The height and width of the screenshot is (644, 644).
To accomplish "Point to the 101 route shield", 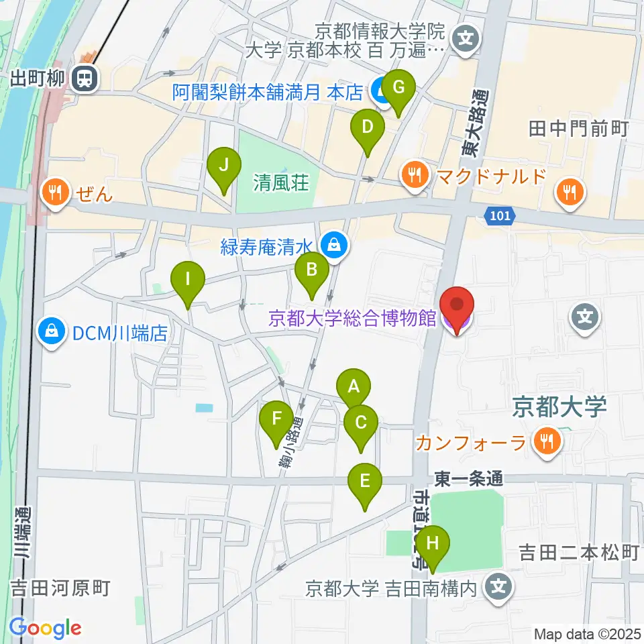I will coord(494,215).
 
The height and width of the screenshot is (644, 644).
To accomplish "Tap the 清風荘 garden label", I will coord(280,182).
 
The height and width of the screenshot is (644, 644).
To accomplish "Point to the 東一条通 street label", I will coord(468,479).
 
